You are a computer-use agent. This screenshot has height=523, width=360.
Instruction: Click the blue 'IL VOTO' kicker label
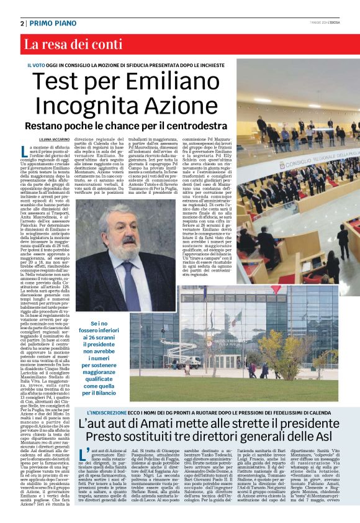(x=39, y=65)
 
